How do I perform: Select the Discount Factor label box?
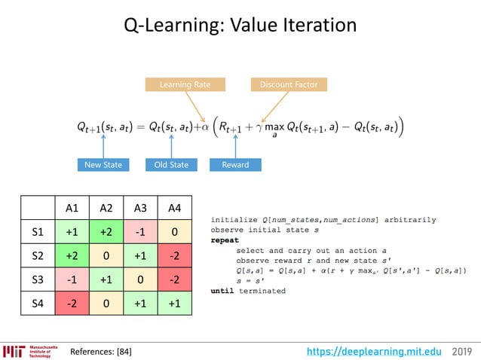click(x=289, y=84)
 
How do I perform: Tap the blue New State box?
click(x=103, y=164)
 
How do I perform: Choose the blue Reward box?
click(x=235, y=164)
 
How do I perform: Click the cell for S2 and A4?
click(x=175, y=256)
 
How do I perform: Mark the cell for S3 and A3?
click(x=140, y=279)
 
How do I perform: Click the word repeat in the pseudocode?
click(x=224, y=239)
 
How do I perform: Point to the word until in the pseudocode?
click(x=222, y=291)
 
